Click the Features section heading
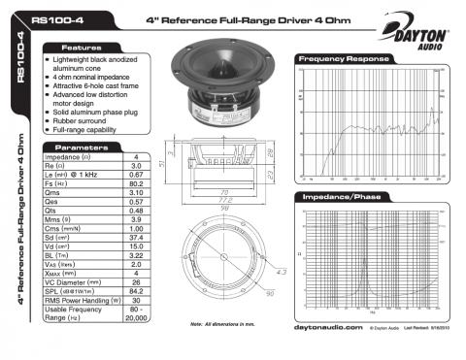[82, 47]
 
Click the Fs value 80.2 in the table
[137, 181]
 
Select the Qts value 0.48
[137, 210]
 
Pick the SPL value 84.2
[137, 288]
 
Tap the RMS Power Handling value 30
[137, 299]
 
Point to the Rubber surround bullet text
[86, 119]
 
